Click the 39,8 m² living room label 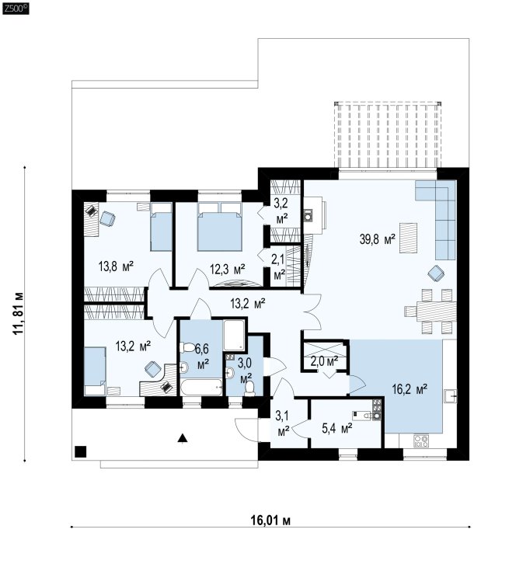pos(378,239)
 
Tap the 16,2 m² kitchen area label pos(410,389)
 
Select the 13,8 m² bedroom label pos(116,266)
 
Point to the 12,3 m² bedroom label pos(227,270)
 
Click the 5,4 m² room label pos(336,428)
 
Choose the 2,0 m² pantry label pos(324,361)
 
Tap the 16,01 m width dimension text pos(270,521)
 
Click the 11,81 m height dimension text pos(18,313)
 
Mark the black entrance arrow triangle pos(183,438)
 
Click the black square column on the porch pos(81,451)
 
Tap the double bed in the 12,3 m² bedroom pos(220,227)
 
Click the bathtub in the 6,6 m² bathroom pos(200,388)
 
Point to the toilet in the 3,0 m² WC pos(250,388)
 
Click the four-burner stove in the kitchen pos(421,441)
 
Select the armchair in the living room pos(436,273)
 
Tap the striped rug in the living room pos(409,238)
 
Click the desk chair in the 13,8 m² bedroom pos(107,218)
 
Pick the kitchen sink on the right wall pos(451,396)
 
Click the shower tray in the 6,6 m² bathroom pos(234,336)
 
